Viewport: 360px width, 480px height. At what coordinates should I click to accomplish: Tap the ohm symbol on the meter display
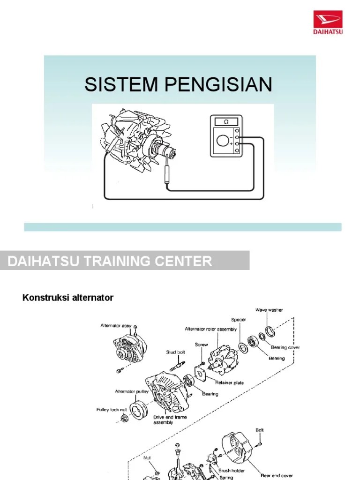[226, 122]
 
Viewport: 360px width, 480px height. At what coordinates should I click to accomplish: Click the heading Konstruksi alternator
[68, 298]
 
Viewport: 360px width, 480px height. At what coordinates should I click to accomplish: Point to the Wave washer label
[269, 310]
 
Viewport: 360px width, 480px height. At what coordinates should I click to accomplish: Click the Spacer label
[238, 320]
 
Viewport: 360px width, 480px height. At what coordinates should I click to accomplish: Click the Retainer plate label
[229, 382]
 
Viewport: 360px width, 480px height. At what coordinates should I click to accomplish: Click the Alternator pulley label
[132, 391]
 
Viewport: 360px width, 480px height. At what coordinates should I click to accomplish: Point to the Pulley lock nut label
[112, 409]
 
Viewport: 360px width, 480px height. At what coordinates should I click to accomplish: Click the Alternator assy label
[115, 325]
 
